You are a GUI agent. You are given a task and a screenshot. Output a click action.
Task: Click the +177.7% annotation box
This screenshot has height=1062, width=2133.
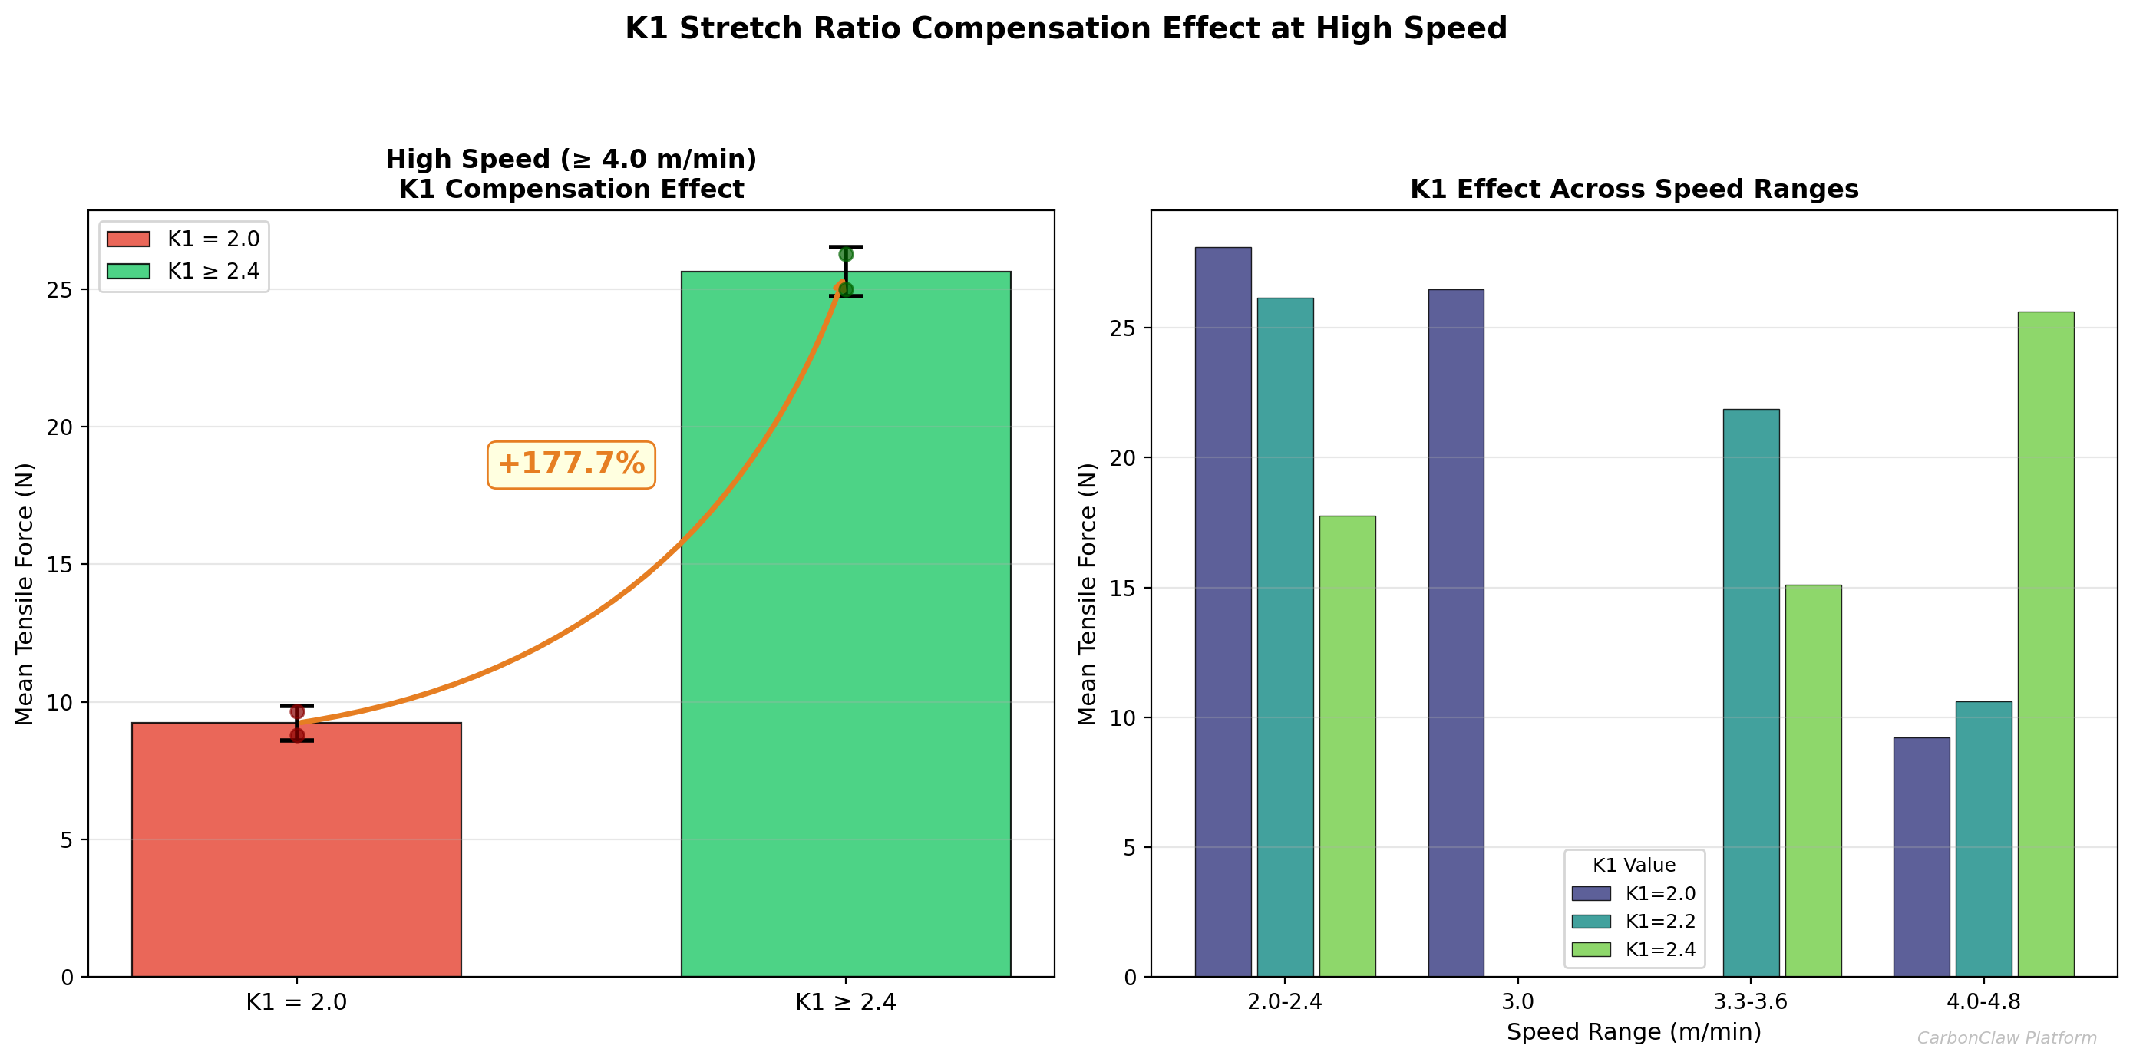pyautogui.click(x=570, y=464)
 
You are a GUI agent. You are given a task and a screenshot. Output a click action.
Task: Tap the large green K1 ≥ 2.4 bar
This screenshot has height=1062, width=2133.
pyautogui.click(x=844, y=629)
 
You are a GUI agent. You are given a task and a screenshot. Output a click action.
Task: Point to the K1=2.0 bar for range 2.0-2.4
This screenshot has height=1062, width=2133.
pyautogui.click(x=1222, y=612)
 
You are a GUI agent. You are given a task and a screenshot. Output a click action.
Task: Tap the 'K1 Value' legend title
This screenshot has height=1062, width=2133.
pyautogui.click(x=1633, y=865)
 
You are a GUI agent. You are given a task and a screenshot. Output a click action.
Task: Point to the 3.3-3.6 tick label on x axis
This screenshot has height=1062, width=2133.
pyautogui.click(x=1750, y=1001)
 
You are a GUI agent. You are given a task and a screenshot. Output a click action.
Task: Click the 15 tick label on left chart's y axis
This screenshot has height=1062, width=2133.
pyautogui.click(x=60, y=565)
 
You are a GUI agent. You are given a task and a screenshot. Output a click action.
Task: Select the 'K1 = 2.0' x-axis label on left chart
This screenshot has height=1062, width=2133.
pyautogui.click(x=296, y=1002)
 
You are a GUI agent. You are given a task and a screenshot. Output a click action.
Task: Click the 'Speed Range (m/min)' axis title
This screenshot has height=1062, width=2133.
pyautogui.click(x=1633, y=1032)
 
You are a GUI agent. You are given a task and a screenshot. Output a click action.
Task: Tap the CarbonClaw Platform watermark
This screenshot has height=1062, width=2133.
pyautogui.click(x=2006, y=1038)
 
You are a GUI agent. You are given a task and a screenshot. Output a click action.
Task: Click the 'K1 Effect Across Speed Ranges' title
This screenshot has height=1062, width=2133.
pyautogui.click(x=1633, y=190)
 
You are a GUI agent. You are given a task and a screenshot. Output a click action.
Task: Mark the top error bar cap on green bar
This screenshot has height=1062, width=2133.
pyautogui.click(x=845, y=246)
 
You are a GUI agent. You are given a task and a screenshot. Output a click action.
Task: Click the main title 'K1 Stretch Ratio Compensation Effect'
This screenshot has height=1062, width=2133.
pyautogui.click(x=1065, y=29)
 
